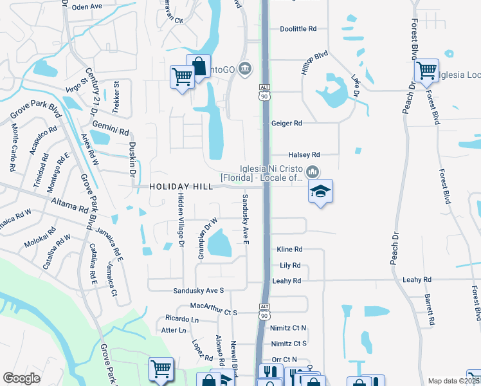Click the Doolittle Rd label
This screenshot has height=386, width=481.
299,29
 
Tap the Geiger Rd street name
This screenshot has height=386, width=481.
287,123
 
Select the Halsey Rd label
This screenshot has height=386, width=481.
305,155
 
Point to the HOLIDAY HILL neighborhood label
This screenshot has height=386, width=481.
181,187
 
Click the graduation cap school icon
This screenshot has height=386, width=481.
320,192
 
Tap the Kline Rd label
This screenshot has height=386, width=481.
289,249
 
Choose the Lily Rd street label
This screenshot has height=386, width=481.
290,265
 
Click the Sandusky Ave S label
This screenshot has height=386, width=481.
198,291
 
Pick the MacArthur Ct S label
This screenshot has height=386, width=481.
213,312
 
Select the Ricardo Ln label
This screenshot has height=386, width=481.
182,319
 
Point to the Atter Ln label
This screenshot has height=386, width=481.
173,331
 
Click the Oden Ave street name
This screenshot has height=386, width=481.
87,6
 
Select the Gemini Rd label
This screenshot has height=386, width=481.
111,127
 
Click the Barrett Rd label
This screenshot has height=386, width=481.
429,309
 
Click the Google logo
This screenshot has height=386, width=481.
21,378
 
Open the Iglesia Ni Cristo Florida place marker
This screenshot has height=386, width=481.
313,171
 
